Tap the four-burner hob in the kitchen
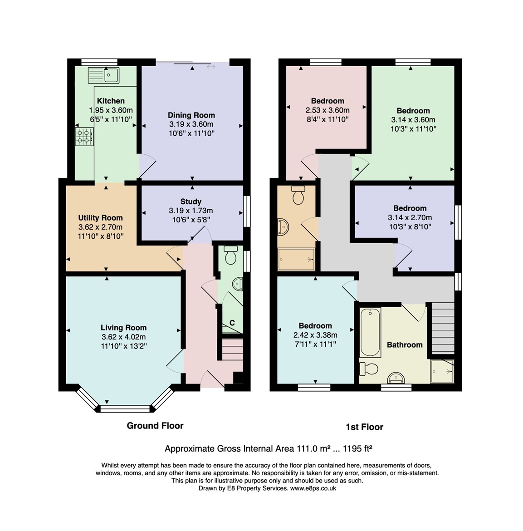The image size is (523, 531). click(x=84, y=137)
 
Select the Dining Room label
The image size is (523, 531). click(x=191, y=115)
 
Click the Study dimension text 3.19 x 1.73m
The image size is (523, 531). click(x=191, y=211)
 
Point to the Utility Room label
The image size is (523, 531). click(x=100, y=218)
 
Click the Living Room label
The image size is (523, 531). click(x=123, y=328)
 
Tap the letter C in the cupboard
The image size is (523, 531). click(x=232, y=323)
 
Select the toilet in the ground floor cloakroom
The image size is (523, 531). click(x=230, y=256)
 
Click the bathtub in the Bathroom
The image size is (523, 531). click(x=370, y=332)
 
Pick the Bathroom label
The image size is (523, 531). click(x=405, y=345)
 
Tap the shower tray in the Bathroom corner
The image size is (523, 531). click(x=442, y=371)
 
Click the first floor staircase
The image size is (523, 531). click(x=442, y=328)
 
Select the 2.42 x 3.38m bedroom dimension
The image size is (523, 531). click(x=315, y=335)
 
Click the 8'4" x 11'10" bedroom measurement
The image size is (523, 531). click(x=327, y=119)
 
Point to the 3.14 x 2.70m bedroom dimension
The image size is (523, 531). click(x=410, y=218)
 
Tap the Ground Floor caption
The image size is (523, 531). click(x=155, y=426)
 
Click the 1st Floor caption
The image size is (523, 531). click(x=364, y=427)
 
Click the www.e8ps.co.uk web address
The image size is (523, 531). click(x=313, y=488)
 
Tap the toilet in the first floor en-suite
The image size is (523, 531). click(x=298, y=196)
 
